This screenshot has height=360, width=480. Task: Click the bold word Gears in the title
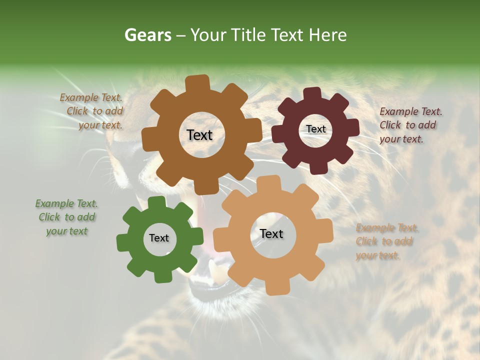tap(147, 35)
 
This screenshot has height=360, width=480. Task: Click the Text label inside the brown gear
tap(199, 135)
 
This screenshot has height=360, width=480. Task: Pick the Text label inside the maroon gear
tap(315, 129)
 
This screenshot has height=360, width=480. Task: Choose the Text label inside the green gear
tap(158, 238)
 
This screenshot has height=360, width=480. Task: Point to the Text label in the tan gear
tap(271, 233)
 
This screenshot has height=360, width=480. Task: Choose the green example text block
tap(67, 217)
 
